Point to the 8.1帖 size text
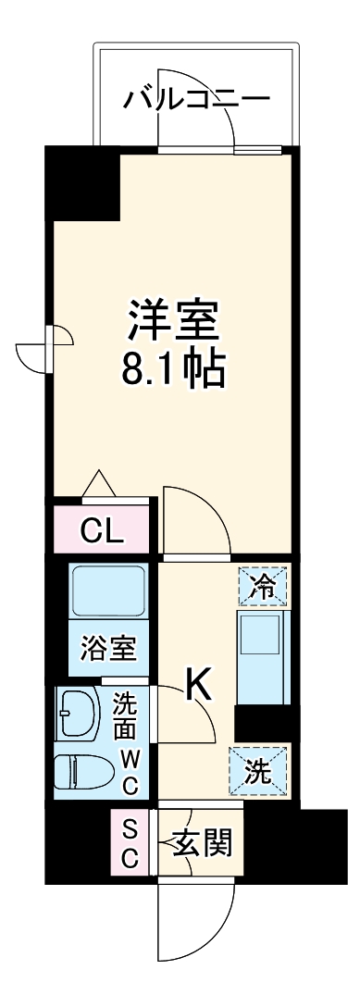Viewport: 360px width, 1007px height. click(173, 370)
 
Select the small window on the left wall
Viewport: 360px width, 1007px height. click(44, 350)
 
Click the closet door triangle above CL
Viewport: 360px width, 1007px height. click(98, 484)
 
